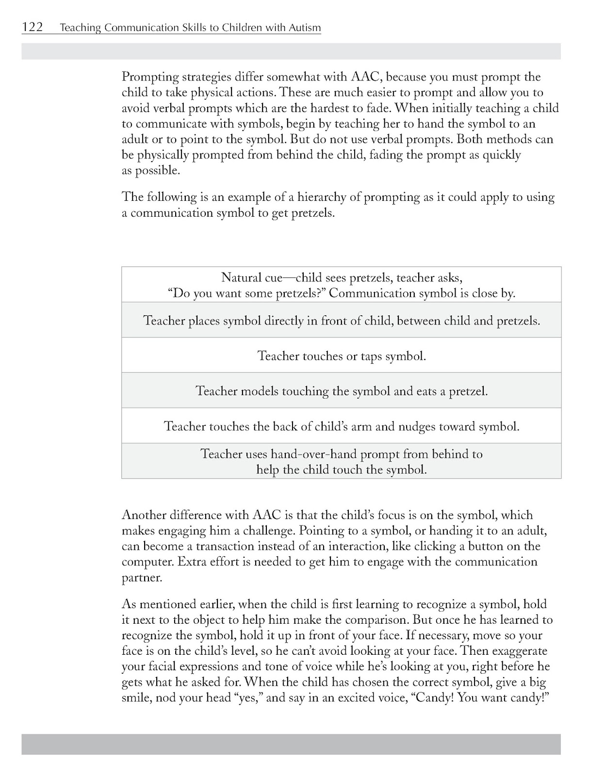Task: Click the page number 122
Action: (x=33, y=27)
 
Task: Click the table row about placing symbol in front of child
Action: (x=342, y=321)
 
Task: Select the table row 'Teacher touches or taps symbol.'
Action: (x=342, y=356)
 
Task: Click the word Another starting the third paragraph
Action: (x=144, y=515)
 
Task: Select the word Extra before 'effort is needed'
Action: (x=190, y=562)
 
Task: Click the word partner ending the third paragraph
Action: (x=141, y=578)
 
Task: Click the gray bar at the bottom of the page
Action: (x=291, y=744)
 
